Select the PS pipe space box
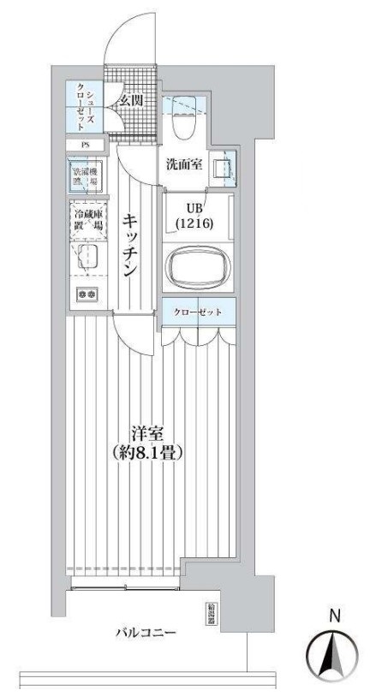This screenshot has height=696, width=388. pyautogui.click(x=85, y=146)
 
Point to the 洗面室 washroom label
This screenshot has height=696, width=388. pyautogui.click(x=183, y=164)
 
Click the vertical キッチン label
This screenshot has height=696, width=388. pyautogui.click(x=130, y=244)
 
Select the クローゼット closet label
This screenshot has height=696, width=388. pyautogui.click(x=200, y=312)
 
